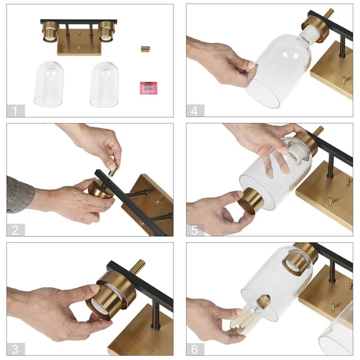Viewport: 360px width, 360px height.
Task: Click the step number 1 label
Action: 15,111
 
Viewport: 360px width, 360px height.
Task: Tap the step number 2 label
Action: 15,230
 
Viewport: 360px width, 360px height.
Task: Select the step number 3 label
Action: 15,349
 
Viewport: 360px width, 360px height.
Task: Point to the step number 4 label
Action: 195,111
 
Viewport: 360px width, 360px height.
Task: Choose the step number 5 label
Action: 195,230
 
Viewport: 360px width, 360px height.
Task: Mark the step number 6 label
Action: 195,349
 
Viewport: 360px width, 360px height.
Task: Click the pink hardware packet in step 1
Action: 148,88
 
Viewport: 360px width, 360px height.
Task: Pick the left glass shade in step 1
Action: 49,84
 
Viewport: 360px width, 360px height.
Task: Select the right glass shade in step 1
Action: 104,85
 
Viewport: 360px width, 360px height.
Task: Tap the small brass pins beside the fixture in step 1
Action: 145,49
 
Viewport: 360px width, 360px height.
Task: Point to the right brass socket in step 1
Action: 106,31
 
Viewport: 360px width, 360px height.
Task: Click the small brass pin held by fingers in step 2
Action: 114,171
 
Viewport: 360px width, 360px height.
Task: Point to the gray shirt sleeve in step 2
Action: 20,195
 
